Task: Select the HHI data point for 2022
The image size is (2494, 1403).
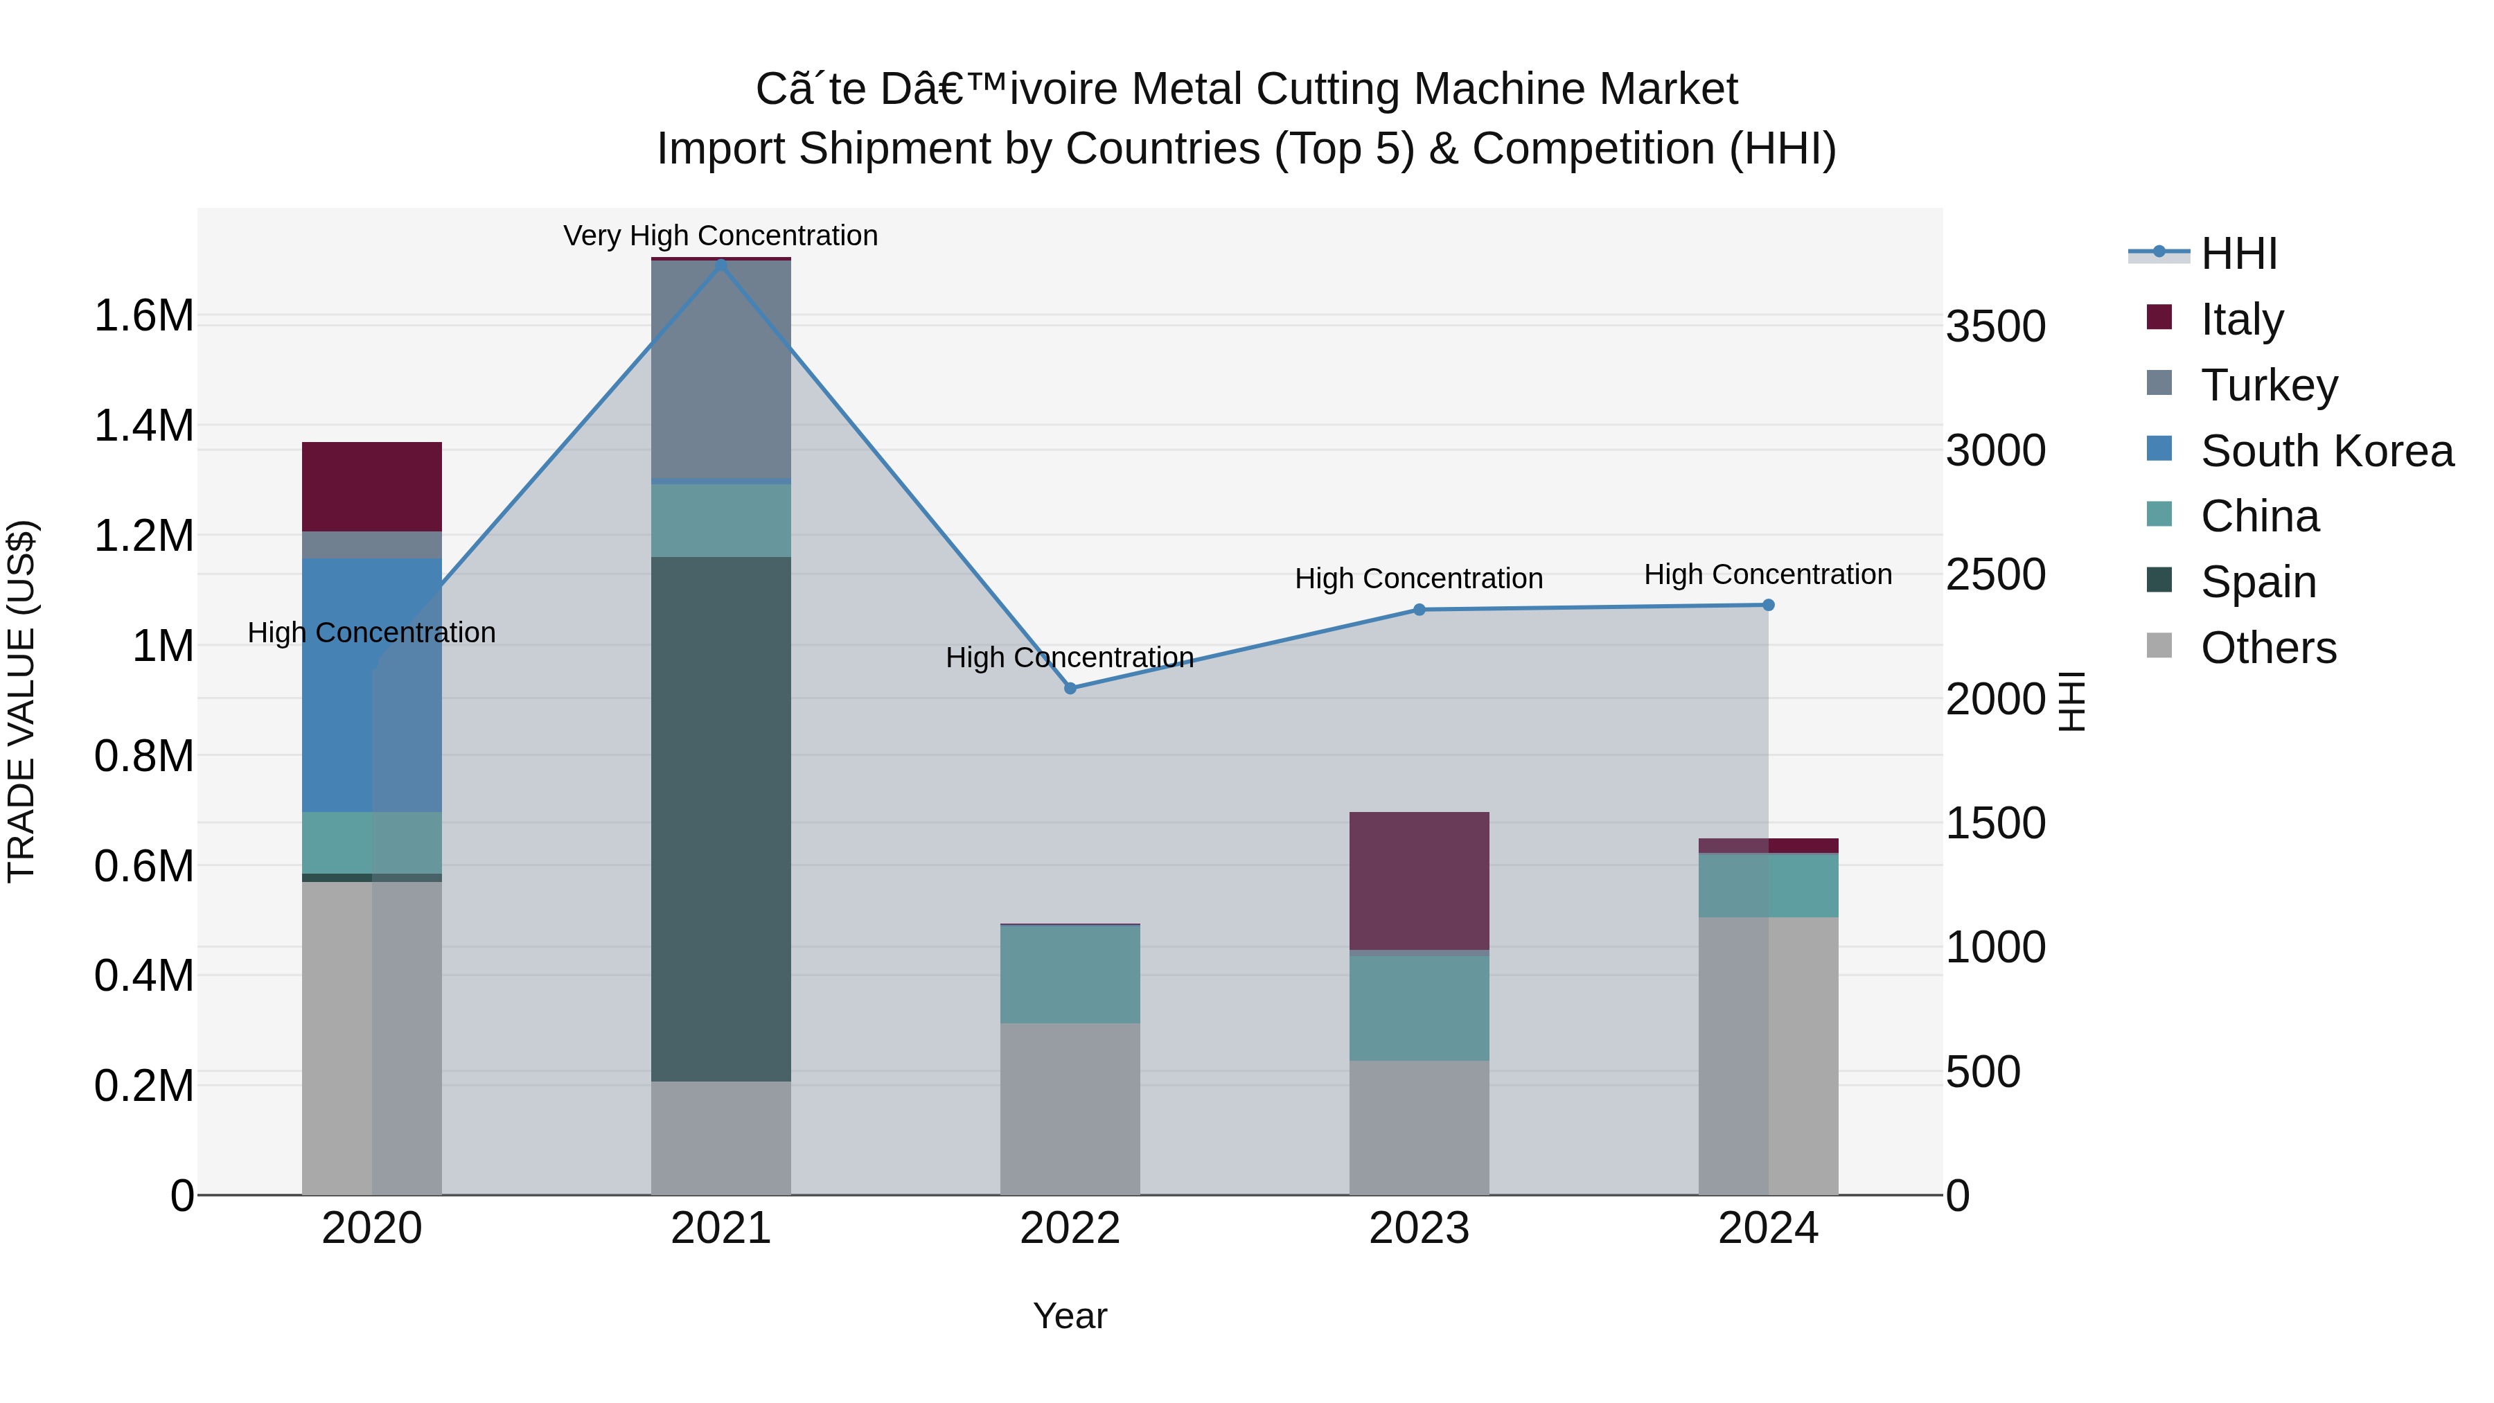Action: [x=1070, y=689]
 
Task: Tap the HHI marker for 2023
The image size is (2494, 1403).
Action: [x=1420, y=610]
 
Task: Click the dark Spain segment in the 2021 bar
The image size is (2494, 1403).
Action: [x=720, y=818]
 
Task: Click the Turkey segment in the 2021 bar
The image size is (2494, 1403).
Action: [x=720, y=368]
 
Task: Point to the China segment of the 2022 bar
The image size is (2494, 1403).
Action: [x=1070, y=974]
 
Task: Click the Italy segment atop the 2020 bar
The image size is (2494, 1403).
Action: [x=372, y=486]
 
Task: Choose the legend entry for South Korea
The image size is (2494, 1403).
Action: [x=2326, y=451]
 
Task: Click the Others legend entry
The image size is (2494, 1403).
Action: [x=2267, y=648]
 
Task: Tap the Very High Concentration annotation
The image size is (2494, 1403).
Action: [x=720, y=236]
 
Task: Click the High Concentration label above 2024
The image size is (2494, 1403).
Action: [x=1768, y=574]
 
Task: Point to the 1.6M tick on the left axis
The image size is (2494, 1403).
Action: [x=143, y=316]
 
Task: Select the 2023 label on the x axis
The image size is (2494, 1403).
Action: [x=1420, y=1228]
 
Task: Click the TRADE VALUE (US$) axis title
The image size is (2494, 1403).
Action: [x=21, y=701]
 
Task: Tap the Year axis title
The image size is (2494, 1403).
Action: [x=1070, y=1316]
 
